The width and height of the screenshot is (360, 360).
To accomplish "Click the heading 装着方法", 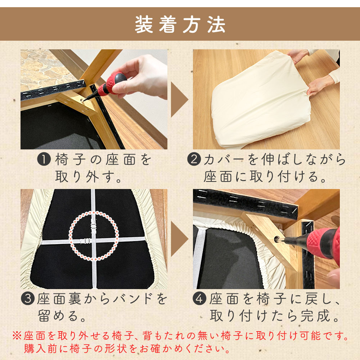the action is (x=180, y=24).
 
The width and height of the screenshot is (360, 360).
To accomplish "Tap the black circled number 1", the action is (x=44, y=159).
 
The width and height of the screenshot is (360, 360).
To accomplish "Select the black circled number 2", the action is (x=194, y=159).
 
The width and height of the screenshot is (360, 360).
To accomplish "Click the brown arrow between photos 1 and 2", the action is (x=180, y=100).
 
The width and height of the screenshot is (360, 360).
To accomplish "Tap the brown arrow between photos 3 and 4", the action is (x=180, y=239).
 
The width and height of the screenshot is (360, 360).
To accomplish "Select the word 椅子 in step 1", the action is (x=70, y=159).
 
